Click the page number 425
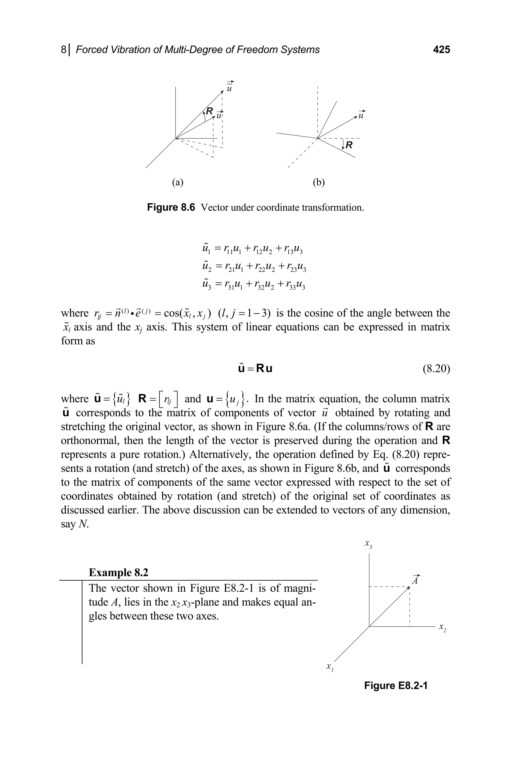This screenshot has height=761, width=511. point(441,50)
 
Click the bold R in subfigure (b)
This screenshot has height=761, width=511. point(349,145)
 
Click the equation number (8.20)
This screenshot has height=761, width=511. point(436,368)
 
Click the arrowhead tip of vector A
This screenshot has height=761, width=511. point(409,587)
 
